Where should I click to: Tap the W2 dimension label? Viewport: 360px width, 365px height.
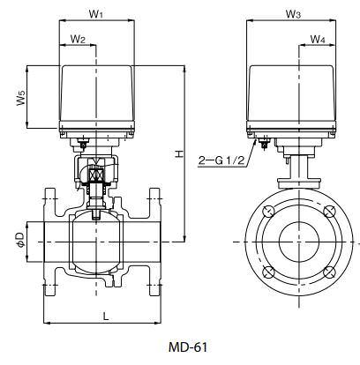pos(78,40)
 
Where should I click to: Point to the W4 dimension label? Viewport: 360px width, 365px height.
pos(317,40)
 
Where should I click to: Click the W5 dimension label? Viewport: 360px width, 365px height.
pos(20,98)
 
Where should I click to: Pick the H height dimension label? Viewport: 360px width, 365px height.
pos(178,154)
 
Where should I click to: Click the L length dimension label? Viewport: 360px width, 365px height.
pos(105,314)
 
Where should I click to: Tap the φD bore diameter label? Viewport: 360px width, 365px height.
pos(20,238)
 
